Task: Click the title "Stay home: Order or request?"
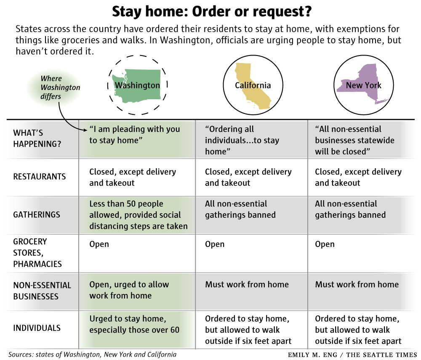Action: click(211, 12)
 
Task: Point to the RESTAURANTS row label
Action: click(40, 177)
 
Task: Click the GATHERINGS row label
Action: click(37, 214)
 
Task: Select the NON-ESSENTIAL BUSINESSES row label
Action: click(42, 290)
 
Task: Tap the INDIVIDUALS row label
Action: click(37, 328)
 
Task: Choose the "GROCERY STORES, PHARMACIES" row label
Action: click(37, 253)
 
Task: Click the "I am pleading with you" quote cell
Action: click(134, 135)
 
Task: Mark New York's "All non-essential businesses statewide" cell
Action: click(354, 140)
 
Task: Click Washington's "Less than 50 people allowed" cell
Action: click(138, 215)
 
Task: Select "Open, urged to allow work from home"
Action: click(129, 290)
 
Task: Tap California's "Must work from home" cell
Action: click(247, 284)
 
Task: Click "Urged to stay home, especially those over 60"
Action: click(134, 324)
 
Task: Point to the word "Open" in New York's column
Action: click(325, 244)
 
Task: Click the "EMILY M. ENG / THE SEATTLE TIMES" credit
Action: click(352, 355)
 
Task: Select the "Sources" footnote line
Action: click(92, 354)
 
